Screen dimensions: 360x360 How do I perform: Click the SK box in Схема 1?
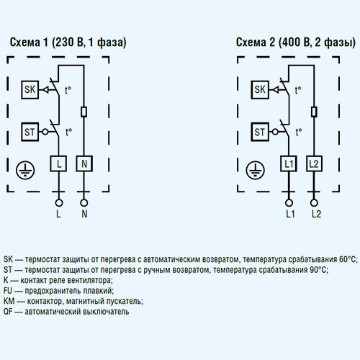30,90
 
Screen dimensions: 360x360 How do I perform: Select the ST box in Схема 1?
30,132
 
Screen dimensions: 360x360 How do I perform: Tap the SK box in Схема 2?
260,90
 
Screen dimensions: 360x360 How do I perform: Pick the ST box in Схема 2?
260,132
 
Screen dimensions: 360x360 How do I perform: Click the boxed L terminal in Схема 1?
58,163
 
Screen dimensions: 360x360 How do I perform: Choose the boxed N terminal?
84,163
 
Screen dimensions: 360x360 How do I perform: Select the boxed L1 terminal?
289,163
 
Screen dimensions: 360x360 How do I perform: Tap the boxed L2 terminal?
314,163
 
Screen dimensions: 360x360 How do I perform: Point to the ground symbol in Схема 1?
25,170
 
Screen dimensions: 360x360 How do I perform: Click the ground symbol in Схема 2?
255,170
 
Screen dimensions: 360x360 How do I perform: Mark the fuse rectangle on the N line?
84,112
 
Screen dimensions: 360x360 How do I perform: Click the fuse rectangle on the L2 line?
314,112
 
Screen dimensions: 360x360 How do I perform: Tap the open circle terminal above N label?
84,203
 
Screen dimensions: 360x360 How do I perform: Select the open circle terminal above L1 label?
289,203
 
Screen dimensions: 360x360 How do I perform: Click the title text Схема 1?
29,42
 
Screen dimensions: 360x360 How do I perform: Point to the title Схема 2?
256,42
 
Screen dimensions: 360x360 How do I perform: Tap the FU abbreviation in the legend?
8,291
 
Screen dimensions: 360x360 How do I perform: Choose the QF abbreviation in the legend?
8,312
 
